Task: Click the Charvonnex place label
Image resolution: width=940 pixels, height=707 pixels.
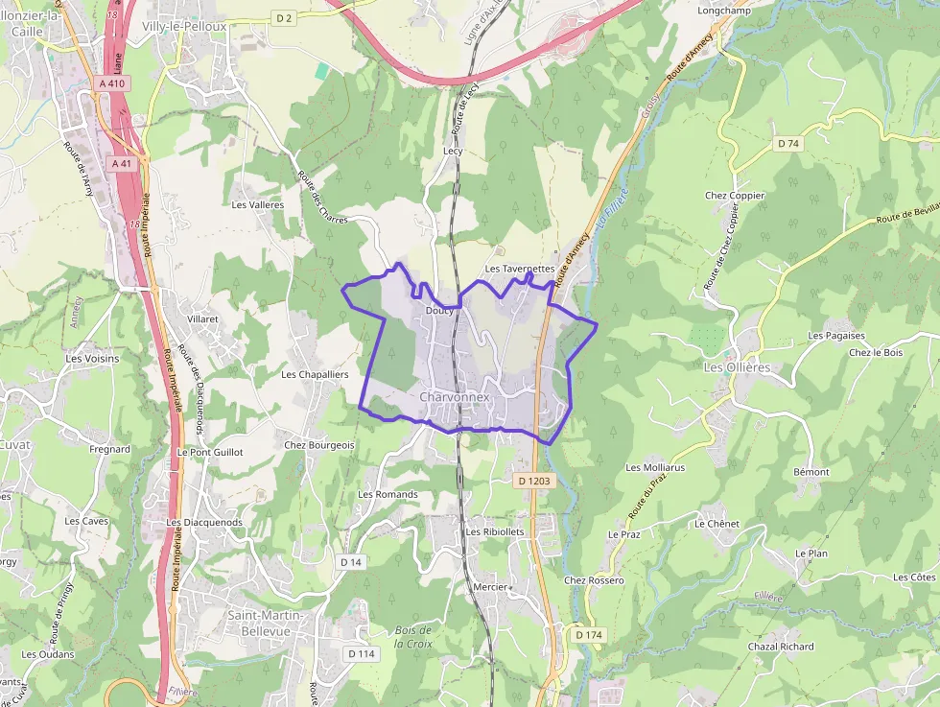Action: [455, 396]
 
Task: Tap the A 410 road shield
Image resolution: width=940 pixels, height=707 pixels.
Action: [112, 83]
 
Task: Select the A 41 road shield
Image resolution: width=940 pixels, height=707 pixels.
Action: [121, 163]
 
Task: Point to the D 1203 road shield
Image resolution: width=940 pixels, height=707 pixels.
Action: [535, 480]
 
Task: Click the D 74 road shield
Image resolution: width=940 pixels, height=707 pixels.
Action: [788, 143]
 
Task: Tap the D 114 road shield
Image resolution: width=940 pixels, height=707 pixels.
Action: [361, 653]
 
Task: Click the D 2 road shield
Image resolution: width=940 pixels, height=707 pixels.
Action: [283, 17]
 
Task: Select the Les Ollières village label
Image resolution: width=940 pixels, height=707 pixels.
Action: [737, 367]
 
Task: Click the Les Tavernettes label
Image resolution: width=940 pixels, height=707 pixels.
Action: [520, 270]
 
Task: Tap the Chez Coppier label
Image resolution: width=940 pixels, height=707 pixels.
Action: [735, 196]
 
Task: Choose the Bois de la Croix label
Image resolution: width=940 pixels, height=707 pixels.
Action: [413, 636]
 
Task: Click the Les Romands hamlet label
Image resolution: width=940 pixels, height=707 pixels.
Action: [388, 494]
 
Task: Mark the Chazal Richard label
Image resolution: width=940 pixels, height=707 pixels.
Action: [781, 647]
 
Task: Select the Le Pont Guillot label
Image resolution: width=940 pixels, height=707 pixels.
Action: [210, 451]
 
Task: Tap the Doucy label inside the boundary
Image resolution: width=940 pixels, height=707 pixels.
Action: [438, 311]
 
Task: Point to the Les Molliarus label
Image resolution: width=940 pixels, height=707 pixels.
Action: [655, 468]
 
